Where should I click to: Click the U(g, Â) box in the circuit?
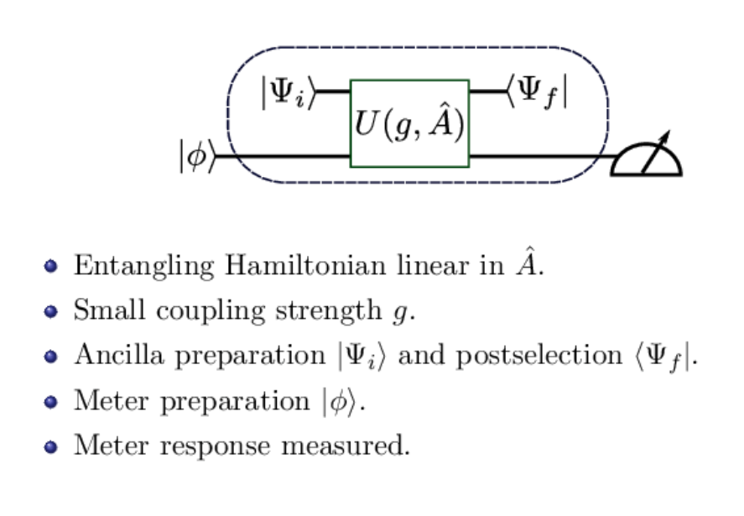pos(409,123)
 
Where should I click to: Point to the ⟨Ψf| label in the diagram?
pos(537,92)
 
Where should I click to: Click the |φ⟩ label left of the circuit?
pos(197,157)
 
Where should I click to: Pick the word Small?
pos(101,310)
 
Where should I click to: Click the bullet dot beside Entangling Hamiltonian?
pos(51,267)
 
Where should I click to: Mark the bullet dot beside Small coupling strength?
pos(51,311)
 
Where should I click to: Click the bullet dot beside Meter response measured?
pos(51,446)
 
